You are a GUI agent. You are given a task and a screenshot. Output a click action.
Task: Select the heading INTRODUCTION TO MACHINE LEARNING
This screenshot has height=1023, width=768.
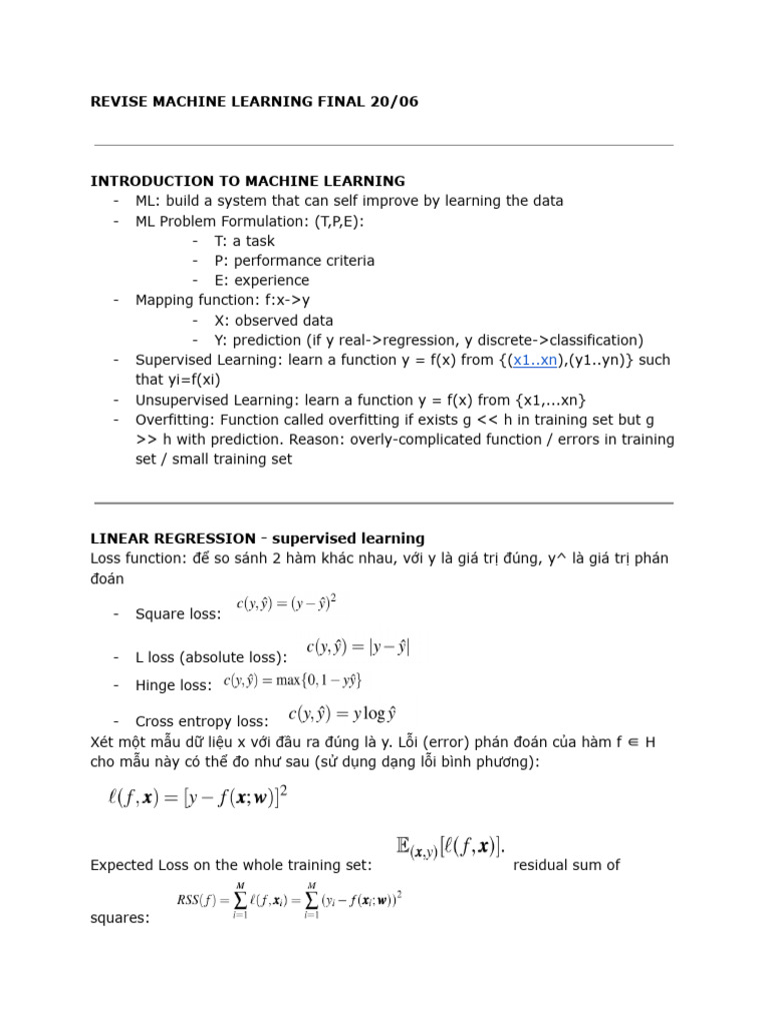[x=248, y=181]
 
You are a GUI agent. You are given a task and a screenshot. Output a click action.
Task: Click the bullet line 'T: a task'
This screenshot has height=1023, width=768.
[x=244, y=241]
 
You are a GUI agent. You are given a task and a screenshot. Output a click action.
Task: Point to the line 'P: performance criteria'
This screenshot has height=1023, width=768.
[x=294, y=261]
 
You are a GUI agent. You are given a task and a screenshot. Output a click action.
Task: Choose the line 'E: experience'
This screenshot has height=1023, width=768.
[x=261, y=281]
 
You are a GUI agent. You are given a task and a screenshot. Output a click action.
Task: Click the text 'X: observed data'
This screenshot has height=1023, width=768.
[x=273, y=321]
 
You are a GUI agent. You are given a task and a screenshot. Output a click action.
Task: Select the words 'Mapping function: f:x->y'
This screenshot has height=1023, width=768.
[x=222, y=300]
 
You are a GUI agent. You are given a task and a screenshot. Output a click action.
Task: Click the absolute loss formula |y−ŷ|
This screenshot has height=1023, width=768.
[x=357, y=647]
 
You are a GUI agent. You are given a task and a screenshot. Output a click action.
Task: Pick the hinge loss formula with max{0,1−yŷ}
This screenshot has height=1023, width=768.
[x=292, y=680]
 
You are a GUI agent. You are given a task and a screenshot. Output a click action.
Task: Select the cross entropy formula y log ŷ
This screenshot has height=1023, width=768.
[x=342, y=713]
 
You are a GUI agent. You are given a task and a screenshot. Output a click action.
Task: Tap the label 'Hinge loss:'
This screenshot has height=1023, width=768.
[x=173, y=685]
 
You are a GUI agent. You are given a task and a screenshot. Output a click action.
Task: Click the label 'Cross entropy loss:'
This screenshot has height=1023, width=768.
[x=201, y=721]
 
